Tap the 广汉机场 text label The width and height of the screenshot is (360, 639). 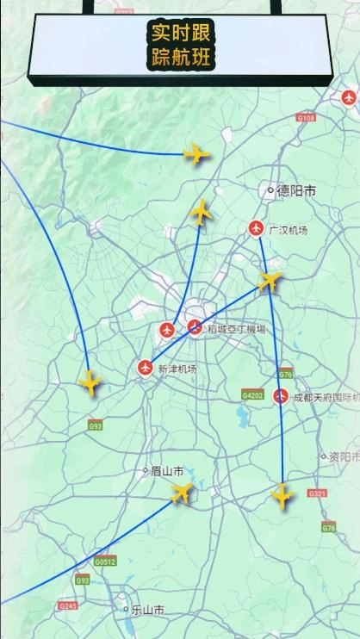288,230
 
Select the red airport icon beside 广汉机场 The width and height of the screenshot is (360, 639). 256,228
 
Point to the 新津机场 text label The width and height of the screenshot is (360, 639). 177,369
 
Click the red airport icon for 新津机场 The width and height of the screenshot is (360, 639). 146,368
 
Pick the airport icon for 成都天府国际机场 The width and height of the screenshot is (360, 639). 280,397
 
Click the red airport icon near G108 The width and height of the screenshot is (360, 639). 349,97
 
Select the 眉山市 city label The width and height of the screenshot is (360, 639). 166,471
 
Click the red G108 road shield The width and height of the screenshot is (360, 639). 306,116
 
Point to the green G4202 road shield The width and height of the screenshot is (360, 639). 252,395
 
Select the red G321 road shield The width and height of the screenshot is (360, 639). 317,493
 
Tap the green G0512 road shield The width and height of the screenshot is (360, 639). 104,561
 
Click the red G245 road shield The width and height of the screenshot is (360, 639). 68,605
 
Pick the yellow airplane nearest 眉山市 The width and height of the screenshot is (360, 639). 182,493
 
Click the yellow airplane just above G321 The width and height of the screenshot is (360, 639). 282,494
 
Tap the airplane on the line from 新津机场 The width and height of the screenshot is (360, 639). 270,280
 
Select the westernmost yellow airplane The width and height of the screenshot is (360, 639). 90,382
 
